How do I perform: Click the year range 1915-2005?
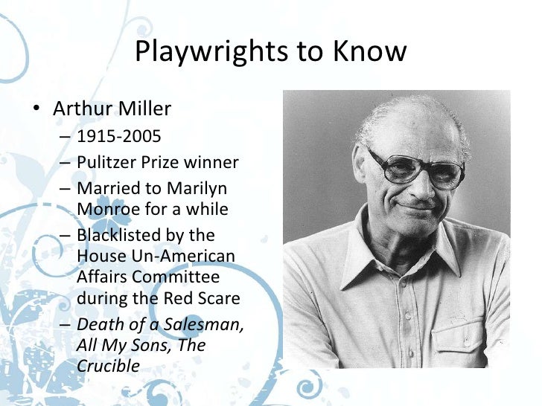(x=118, y=138)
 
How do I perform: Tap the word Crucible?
(x=108, y=367)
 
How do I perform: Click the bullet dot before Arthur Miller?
(x=36, y=110)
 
